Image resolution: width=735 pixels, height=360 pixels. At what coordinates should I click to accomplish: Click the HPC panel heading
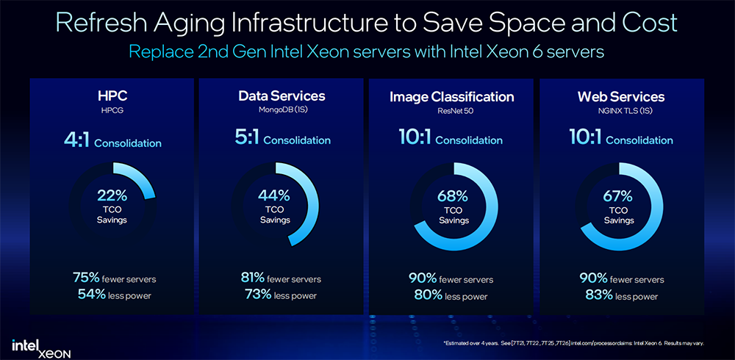pos(112,97)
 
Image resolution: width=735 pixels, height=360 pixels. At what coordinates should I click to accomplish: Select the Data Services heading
pos(282,96)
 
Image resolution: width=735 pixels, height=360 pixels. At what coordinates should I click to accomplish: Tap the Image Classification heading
pos(451,97)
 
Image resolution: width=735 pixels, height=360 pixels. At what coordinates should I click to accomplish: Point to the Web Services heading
pos(621,97)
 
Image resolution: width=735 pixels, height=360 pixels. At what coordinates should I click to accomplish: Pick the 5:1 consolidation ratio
pos(247,139)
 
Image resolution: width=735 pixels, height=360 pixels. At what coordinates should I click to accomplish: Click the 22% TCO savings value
pos(112,196)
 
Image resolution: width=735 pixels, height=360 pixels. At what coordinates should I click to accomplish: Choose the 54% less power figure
pos(90,295)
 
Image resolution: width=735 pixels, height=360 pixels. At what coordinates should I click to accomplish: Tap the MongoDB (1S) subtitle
pos(282,110)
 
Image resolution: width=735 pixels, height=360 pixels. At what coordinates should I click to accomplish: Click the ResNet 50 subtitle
pos(451,110)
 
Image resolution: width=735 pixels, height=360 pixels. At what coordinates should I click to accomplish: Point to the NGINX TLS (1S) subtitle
pos(621,110)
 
